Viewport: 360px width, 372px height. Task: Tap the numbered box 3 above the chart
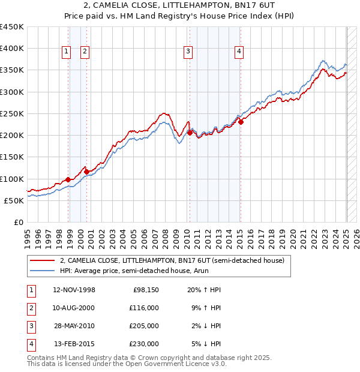(188, 52)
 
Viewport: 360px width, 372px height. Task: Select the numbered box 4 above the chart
(239, 52)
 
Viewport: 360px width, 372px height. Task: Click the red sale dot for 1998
(68, 179)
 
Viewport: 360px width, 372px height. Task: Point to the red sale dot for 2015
(241, 122)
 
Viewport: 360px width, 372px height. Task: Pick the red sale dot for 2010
(190, 133)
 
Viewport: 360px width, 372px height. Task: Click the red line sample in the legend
(42, 260)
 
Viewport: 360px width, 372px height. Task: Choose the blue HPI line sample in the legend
(42, 271)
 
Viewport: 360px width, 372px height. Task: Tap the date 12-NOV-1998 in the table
(74, 290)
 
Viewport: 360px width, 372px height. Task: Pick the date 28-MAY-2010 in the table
(74, 326)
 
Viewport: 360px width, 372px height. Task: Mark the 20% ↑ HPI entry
(204, 290)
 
